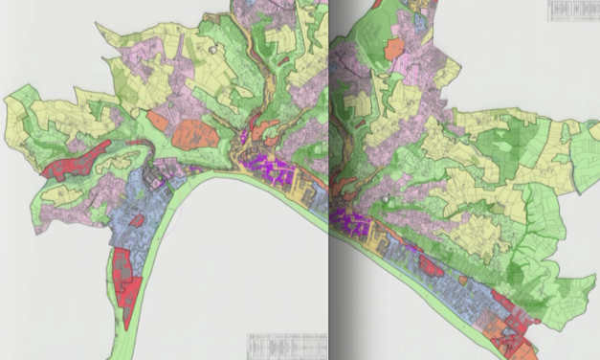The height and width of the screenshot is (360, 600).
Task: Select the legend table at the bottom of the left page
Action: pos(286,344)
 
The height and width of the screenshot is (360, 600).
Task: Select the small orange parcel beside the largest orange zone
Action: pos(157,120)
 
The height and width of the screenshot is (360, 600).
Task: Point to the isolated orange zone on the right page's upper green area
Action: pos(393,50)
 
